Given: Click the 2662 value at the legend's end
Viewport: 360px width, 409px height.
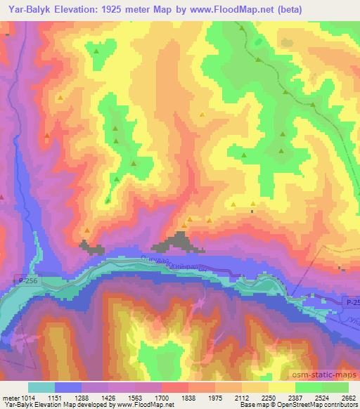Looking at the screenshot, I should tap(348, 397).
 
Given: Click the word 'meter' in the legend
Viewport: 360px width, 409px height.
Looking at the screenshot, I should tap(10, 397).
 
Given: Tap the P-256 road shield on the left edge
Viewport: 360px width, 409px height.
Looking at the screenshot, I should tap(24, 280).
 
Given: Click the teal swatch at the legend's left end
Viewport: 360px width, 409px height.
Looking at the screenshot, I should tap(41, 387).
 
